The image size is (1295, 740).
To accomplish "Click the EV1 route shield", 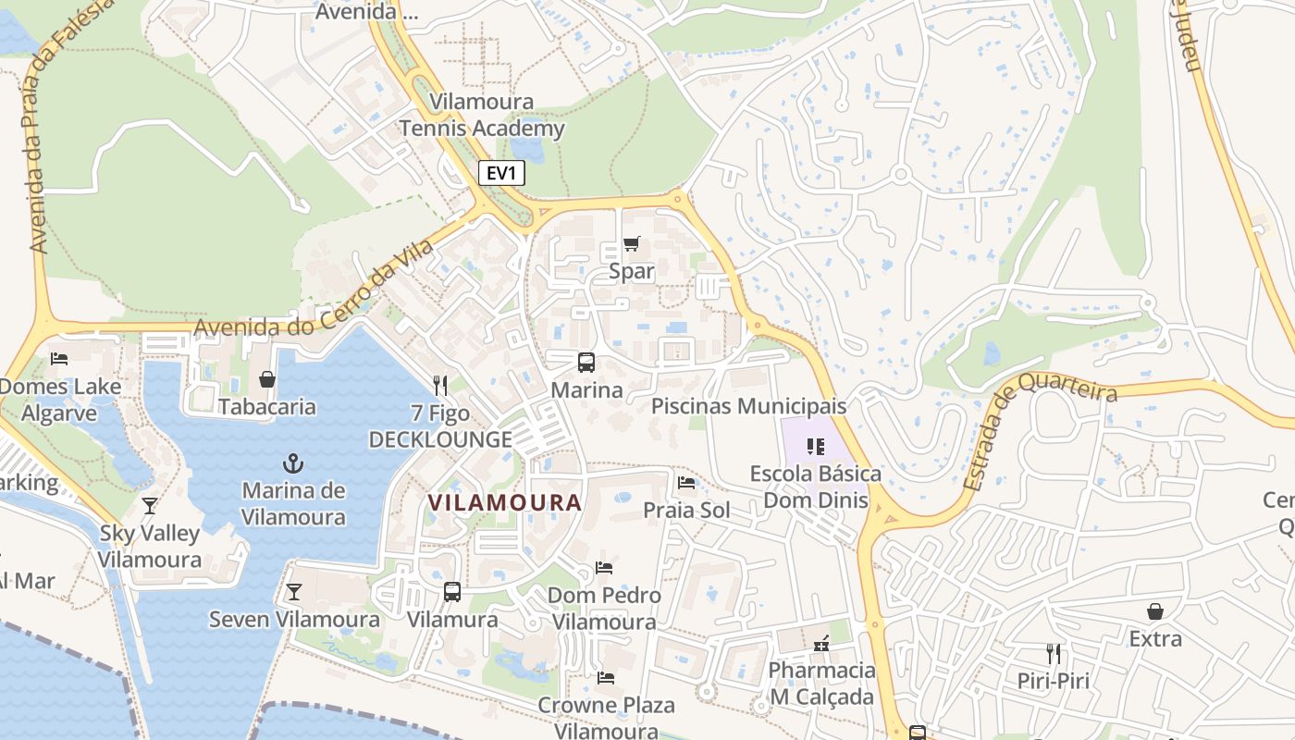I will coord(501,173).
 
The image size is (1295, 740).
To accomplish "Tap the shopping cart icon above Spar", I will coord(631,244).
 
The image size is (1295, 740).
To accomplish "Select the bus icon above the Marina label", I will coord(586,363).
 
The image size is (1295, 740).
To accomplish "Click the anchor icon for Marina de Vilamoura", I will coord(293,462).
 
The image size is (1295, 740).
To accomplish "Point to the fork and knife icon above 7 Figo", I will coord(440,385).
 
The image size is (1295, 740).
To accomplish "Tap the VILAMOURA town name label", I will coord(505,503).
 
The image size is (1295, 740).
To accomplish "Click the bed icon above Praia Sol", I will coord(686,483).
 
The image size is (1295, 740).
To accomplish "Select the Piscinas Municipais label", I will coord(748,406).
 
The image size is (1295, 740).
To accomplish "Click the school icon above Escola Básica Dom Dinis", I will coord(815,447).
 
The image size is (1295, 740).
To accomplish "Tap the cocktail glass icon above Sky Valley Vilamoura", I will coord(150,506).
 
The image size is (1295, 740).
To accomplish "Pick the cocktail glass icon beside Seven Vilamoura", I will coord(294,592).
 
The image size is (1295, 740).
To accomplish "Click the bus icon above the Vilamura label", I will coord(452,592).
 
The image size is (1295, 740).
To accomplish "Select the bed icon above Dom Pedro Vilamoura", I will coord(604,568).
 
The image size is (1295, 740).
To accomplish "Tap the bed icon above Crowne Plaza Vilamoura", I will coord(606,678).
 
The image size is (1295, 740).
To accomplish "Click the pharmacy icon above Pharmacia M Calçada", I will coord(821,643).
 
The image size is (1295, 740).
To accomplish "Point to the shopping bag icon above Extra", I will coord(1155,611).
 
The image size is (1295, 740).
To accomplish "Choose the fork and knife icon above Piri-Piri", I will coord(1053,654).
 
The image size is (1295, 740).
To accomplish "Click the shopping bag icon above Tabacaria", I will coord(267,379).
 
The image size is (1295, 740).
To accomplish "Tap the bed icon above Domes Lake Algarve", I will coord(59,359).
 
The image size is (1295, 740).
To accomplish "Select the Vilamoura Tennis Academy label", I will coord(482,115).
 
